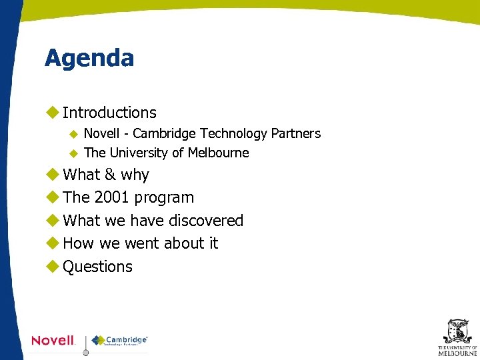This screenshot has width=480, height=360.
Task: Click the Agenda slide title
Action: (x=89, y=58)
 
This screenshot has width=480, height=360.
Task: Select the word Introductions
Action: (x=109, y=113)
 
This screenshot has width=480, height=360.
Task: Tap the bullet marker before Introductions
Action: (x=52, y=113)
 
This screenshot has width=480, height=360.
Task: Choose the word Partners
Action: (x=295, y=133)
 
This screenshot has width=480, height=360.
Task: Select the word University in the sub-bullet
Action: (x=139, y=153)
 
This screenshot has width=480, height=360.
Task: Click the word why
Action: (x=135, y=175)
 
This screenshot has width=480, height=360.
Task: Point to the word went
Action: (x=141, y=243)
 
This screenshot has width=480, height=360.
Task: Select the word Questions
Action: (x=97, y=267)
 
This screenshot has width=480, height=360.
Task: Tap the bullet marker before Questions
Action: (x=52, y=267)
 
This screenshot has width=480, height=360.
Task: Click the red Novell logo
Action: (x=53, y=341)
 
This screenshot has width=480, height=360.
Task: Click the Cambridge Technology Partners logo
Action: (x=119, y=340)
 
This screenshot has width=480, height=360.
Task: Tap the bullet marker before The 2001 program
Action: (x=52, y=197)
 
